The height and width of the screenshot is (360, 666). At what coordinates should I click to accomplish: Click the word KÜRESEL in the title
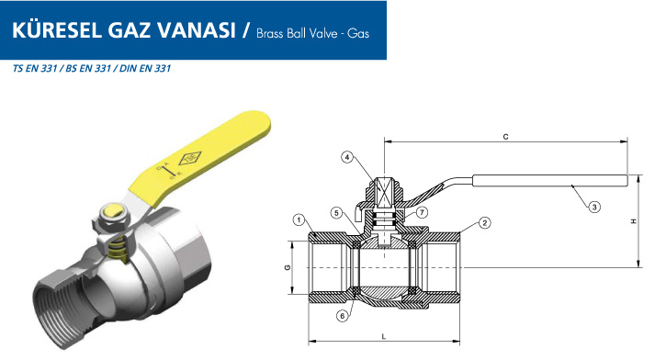pyautogui.click(x=57, y=29)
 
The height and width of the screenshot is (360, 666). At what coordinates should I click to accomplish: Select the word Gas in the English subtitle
pyautogui.click(x=358, y=34)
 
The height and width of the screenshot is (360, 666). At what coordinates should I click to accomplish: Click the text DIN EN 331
pyautogui.click(x=145, y=68)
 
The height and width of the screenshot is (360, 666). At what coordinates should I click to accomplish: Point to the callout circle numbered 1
pyautogui.click(x=299, y=219)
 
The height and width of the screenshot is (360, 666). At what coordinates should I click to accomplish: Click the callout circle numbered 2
pyautogui.click(x=485, y=223)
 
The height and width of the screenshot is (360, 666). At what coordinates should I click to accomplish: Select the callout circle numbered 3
pyautogui.click(x=594, y=207)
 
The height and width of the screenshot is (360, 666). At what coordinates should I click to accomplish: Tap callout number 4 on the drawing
pyautogui.click(x=347, y=158)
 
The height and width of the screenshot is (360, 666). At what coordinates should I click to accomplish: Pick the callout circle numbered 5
pyautogui.click(x=336, y=213)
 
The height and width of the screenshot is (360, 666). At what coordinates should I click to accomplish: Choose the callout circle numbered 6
pyautogui.click(x=343, y=315)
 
